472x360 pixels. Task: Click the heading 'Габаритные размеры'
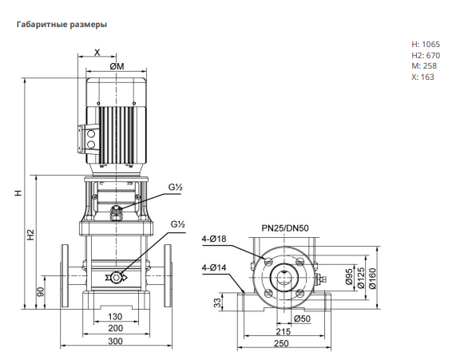coord(61,25)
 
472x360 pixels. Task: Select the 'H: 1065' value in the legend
coord(426,44)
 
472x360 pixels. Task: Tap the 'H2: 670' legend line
coord(426,55)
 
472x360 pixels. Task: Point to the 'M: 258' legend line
coord(424,66)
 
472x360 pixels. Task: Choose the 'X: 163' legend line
coord(423,77)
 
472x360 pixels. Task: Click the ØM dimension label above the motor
coord(117,66)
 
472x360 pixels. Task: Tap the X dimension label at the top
coord(97,53)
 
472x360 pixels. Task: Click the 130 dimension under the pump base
coord(115,316)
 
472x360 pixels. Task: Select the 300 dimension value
coord(115,341)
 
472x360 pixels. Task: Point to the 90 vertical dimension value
coord(41,291)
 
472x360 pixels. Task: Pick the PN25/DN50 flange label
coord(285,228)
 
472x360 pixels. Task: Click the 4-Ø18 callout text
coord(214,239)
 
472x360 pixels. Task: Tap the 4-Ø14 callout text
coord(214,267)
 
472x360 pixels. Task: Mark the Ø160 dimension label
coord(372,279)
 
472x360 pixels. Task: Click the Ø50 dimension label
coord(302,318)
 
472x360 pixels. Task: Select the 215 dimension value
coord(284,331)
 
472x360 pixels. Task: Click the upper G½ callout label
coord(176,187)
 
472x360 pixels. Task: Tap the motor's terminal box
coord(87,139)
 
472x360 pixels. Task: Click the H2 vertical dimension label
coord(31,235)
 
